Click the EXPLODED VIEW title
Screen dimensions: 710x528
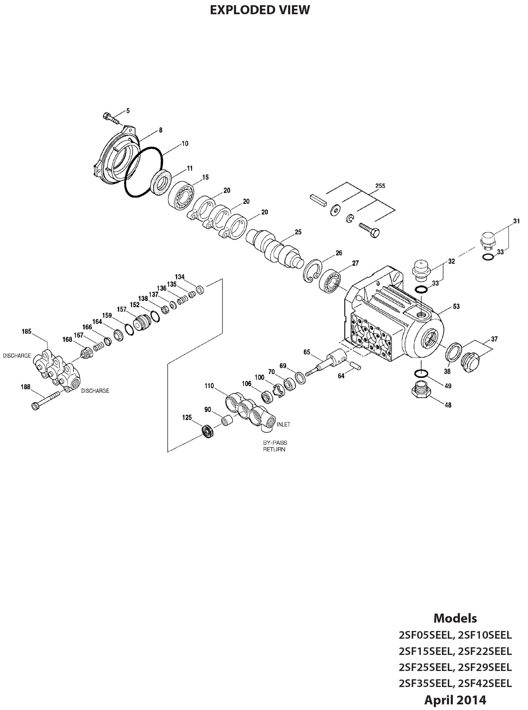click(260, 10)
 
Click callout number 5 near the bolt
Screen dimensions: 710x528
click(128, 111)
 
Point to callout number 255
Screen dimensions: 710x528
click(380, 186)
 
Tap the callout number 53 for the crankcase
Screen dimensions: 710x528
click(456, 306)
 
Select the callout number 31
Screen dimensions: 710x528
click(517, 221)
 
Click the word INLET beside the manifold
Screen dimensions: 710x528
click(283, 424)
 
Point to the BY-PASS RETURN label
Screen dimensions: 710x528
click(274, 446)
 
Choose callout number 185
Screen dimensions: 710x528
click(26, 331)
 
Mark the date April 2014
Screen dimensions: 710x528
click(455, 700)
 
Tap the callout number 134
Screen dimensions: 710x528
click(179, 277)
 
